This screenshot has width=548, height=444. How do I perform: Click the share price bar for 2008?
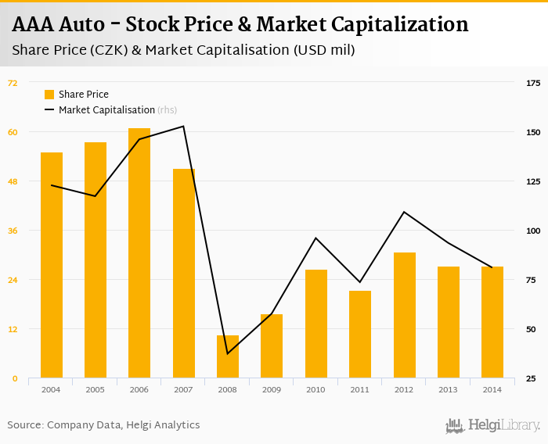[x=228, y=356]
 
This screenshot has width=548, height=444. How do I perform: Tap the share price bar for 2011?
[x=360, y=335]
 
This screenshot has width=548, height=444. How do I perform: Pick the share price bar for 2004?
[x=52, y=265]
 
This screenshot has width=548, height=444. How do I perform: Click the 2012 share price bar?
[x=405, y=315]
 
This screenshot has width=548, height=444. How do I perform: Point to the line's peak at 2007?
[x=184, y=127]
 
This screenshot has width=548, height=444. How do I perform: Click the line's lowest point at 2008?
[x=228, y=354]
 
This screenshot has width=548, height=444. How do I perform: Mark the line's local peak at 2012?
[x=405, y=212]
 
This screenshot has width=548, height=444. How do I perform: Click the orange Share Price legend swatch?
[x=49, y=95]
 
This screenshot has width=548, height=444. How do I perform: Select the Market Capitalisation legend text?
[x=106, y=110]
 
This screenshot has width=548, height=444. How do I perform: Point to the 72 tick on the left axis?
[x=13, y=83]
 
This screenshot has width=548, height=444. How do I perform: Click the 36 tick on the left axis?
[x=13, y=231]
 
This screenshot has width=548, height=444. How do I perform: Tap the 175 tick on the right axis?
[x=533, y=83]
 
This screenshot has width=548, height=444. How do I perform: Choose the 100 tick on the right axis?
[x=533, y=231]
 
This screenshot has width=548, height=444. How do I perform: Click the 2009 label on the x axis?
[x=272, y=389]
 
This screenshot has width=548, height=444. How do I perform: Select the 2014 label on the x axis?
[x=492, y=389]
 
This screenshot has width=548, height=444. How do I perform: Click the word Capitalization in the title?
[x=399, y=24]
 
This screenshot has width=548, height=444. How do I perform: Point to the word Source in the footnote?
[x=24, y=425]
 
